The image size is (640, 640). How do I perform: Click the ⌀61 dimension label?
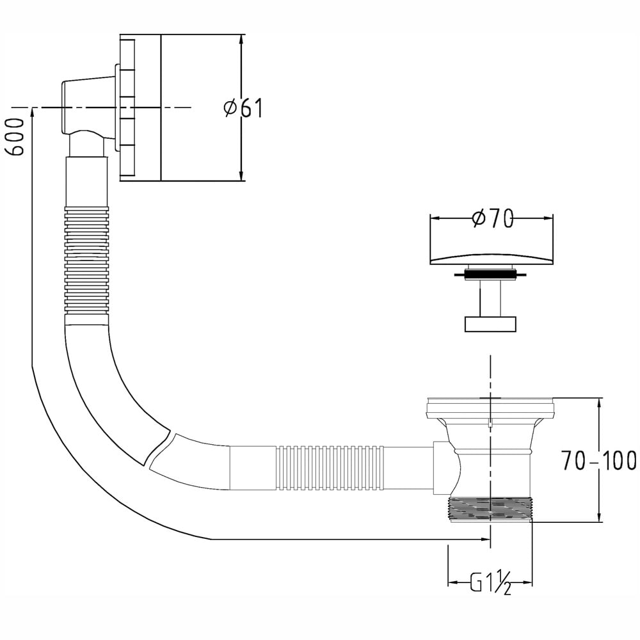pyautogui.click(x=243, y=108)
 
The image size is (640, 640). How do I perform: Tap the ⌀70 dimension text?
pyautogui.click(x=492, y=219)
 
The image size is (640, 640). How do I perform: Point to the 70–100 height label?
pyautogui.click(x=599, y=460)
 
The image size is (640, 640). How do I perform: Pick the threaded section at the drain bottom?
pyautogui.click(x=490, y=509)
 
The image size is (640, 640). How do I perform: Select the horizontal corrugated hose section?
pyautogui.click(x=330, y=468)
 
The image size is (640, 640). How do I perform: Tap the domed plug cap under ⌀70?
pyautogui.click(x=492, y=259)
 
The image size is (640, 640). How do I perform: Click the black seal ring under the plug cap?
pyautogui.click(x=490, y=275)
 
